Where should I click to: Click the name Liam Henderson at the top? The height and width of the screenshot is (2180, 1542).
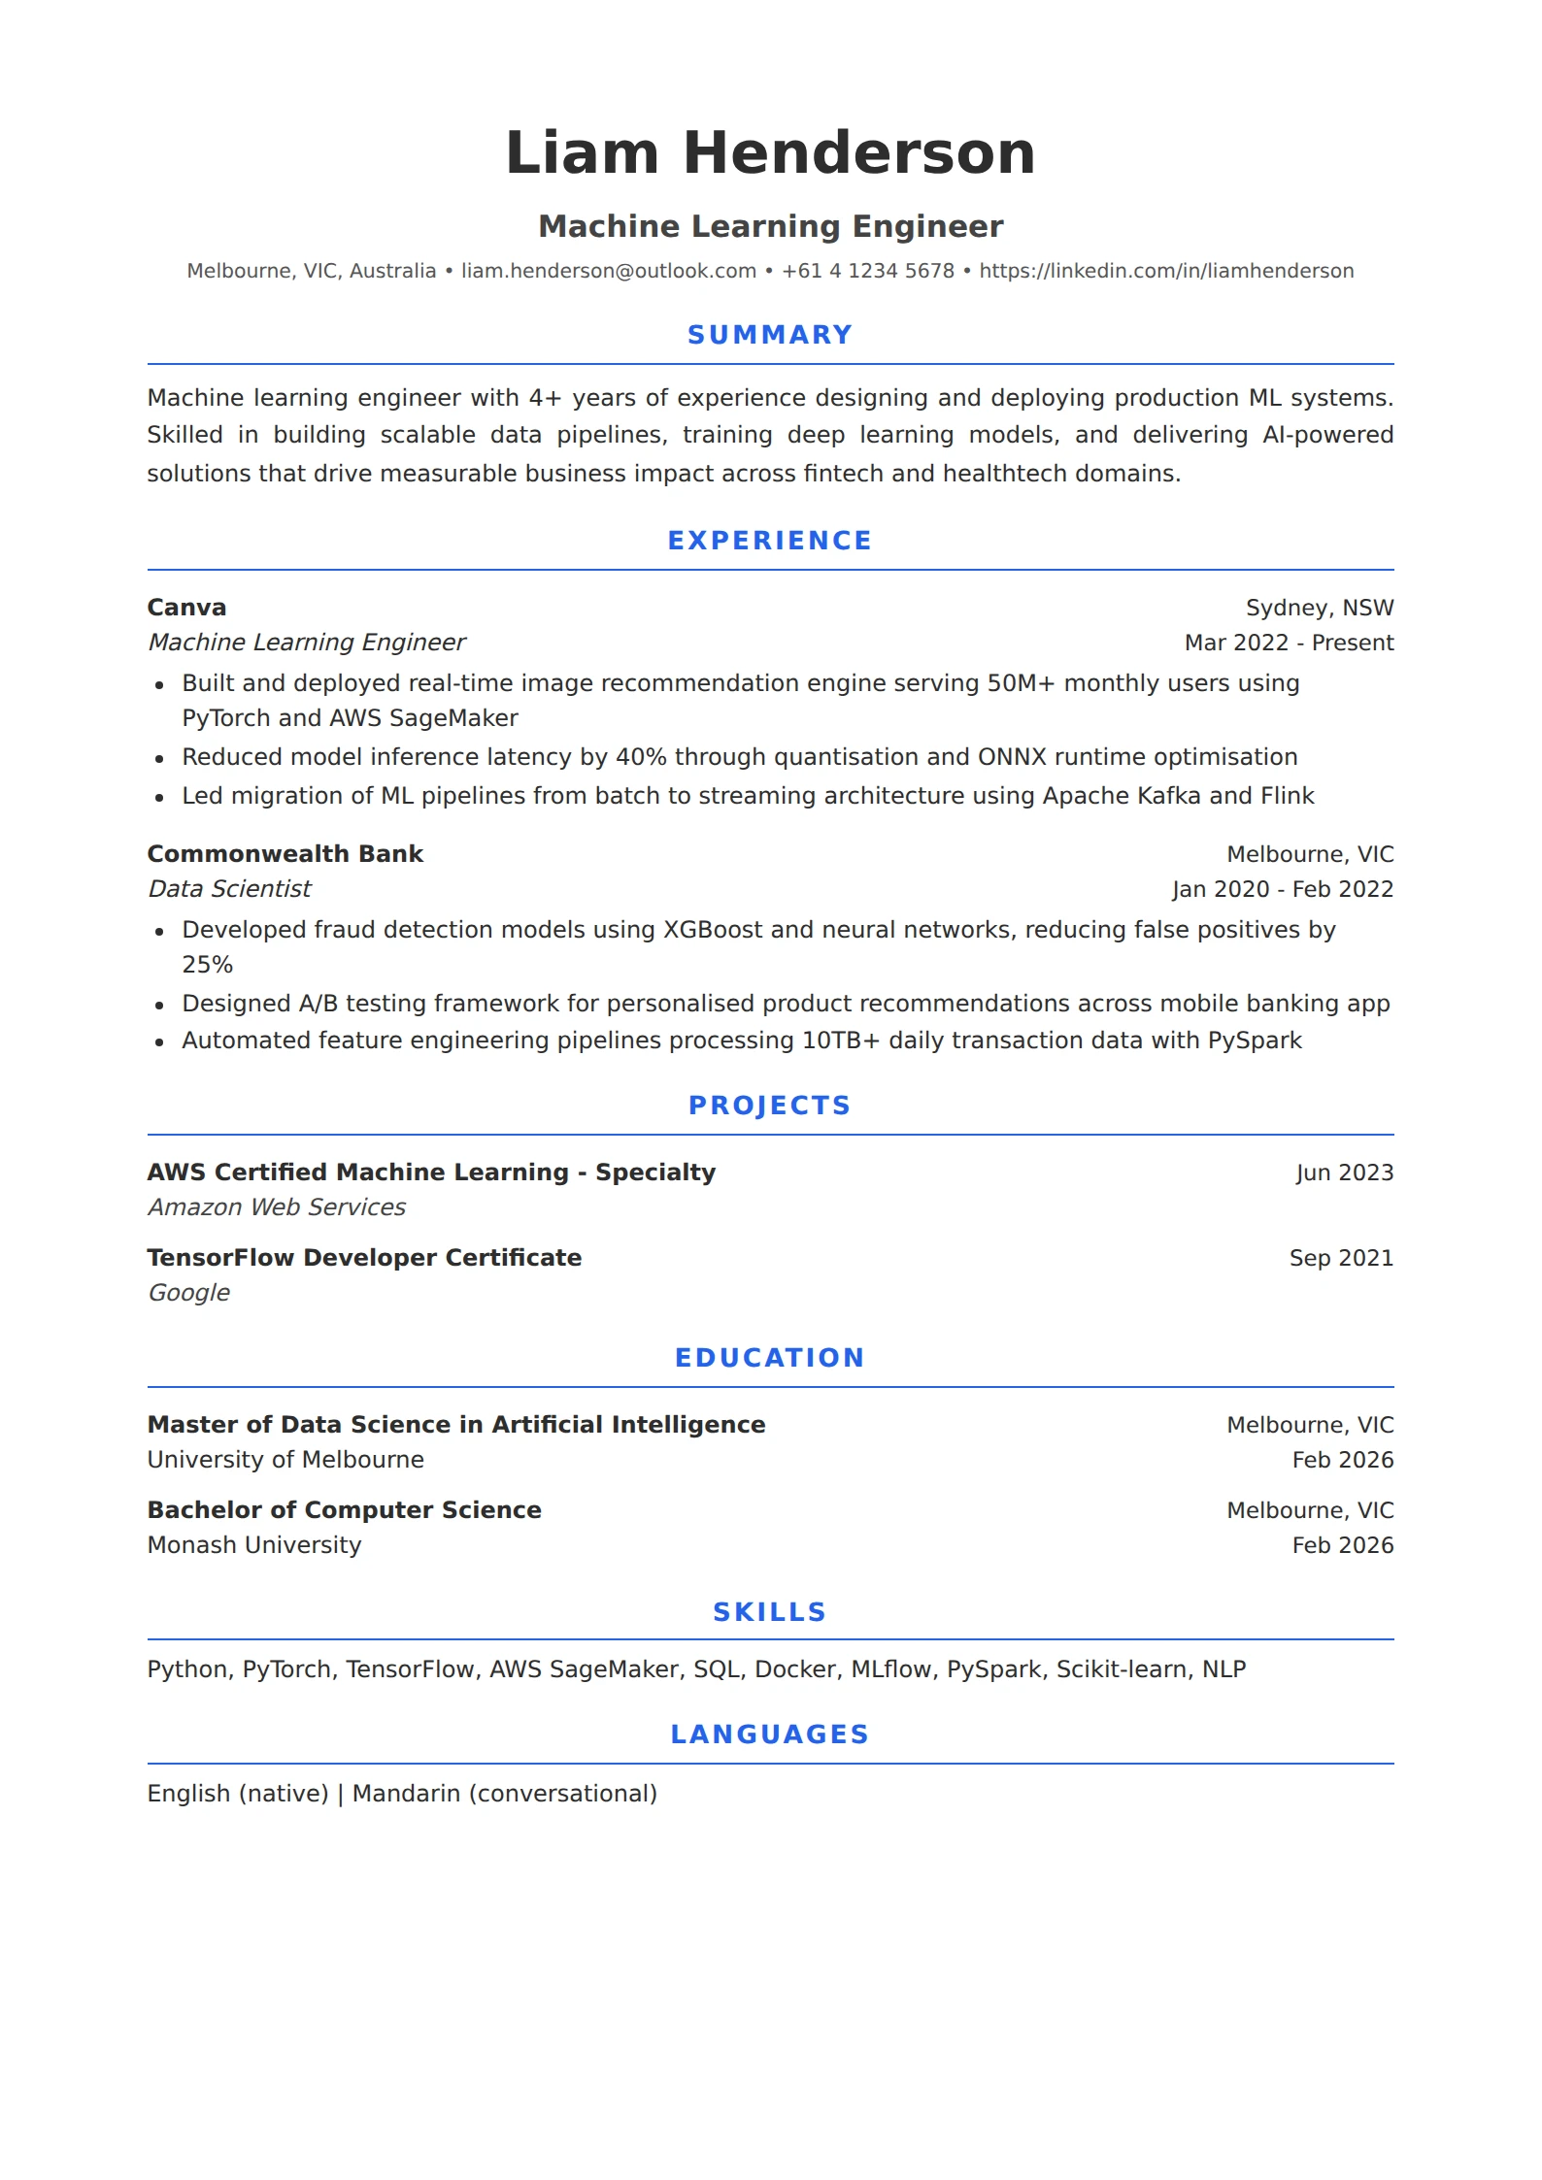pyautogui.click(x=770, y=153)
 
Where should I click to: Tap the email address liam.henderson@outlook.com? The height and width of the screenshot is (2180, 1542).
pyautogui.click(x=608, y=271)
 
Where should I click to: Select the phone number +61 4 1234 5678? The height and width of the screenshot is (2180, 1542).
pyautogui.click(x=867, y=271)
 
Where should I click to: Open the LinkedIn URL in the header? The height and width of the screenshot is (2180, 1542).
pyautogui.click(x=1165, y=271)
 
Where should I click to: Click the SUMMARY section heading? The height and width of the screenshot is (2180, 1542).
pyautogui.click(x=770, y=335)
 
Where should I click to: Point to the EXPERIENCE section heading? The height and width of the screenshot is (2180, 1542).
pyautogui.click(x=770, y=541)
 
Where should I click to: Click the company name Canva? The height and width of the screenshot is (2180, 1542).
pyautogui.click(x=186, y=608)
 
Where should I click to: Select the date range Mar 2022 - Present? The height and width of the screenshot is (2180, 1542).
pyautogui.click(x=1289, y=643)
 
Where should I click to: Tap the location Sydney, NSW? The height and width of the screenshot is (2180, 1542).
pyautogui.click(x=1319, y=608)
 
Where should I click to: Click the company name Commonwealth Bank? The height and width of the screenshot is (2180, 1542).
pyautogui.click(x=285, y=854)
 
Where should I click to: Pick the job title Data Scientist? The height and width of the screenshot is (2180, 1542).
pyautogui.click(x=229, y=889)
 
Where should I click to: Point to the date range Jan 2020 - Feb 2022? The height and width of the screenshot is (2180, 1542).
pyautogui.click(x=1282, y=889)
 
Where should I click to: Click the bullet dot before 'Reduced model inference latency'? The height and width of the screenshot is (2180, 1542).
pyautogui.click(x=160, y=758)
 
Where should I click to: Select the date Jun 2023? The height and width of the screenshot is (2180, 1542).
pyautogui.click(x=1344, y=1173)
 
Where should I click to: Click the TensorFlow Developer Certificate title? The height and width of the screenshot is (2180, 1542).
pyautogui.click(x=364, y=1258)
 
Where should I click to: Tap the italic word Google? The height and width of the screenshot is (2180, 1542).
pyautogui.click(x=188, y=1293)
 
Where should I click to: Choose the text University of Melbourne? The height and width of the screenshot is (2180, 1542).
pyautogui.click(x=285, y=1460)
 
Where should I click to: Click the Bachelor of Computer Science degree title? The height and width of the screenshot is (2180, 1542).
pyautogui.click(x=344, y=1510)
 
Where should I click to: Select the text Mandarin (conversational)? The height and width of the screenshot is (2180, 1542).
pyautogui.click(x=504, y=1794)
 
